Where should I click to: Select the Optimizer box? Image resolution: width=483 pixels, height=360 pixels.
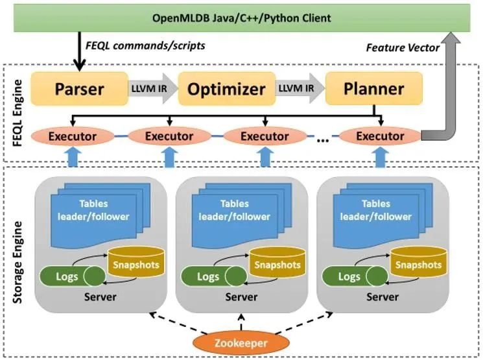pyautogui.click(x=217, y=88)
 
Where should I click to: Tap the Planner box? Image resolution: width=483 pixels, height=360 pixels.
pyautogui.click(x=373, y=88)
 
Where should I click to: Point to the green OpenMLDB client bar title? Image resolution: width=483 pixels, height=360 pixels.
pyautogui.click(x=241, y=18)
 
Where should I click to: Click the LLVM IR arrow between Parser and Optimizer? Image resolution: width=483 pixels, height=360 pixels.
pyautogui.click(x=147, y=88)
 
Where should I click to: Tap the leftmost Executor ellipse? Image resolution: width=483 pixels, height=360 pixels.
pyautogui.click(x=72, y=136)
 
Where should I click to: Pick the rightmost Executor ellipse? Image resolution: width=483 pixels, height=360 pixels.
pyautogui.click(x=380, y=136)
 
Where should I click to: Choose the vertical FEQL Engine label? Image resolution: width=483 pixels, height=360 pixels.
pyautogui.click(x=18, y=112)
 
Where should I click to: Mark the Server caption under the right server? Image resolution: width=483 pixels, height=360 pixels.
pyautogui.click(x=383, y=297)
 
